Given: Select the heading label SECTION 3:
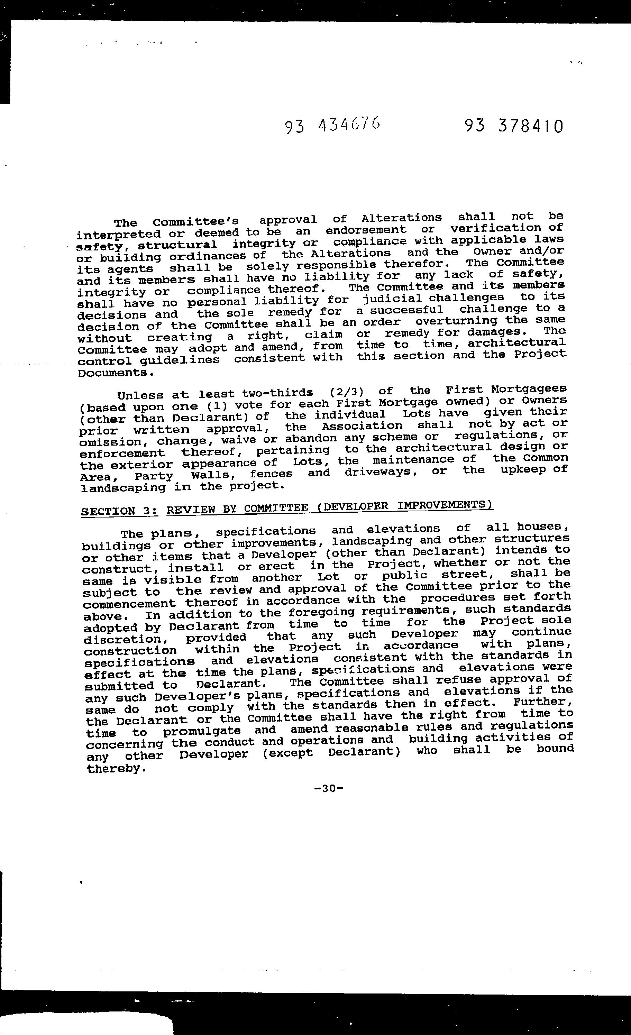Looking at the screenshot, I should tap(119, 511).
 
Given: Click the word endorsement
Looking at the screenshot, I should tap(366, 230).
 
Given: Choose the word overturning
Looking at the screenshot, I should tap(456, 321).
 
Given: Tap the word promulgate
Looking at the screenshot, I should tap(202, 731).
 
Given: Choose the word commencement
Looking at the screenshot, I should tap(129, 604).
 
